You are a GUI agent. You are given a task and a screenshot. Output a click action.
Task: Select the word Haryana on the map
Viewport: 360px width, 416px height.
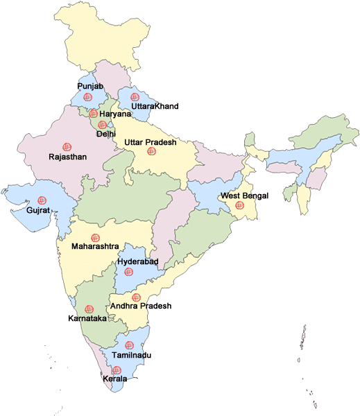coord(115,114)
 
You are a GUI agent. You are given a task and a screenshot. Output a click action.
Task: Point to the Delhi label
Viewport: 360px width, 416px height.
coord(106,133)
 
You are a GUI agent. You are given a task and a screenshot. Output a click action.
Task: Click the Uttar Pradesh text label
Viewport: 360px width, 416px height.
coord(151,142)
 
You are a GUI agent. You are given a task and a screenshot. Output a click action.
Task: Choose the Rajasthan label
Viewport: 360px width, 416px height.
coord(67,157)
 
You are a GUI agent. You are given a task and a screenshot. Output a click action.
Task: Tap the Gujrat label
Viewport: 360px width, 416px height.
coord(37,209)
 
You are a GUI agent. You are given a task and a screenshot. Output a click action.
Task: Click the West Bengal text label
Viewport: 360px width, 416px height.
coord(243,196)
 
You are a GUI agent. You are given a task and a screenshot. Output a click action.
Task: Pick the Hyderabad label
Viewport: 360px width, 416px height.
coord(138,261)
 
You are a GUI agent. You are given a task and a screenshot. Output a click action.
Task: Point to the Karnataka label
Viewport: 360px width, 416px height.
coord(87,319)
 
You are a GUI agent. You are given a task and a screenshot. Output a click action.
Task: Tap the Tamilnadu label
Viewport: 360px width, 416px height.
coord(131,355)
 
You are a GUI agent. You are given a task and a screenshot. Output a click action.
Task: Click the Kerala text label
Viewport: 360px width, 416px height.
coord(114,379)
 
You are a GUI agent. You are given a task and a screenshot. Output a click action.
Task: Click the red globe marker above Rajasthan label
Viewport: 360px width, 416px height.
coord(67,146)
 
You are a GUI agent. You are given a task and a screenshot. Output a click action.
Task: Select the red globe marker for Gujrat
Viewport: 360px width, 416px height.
coord(42,200)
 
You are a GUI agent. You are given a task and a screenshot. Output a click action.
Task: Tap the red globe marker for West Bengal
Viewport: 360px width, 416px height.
coord(239,205)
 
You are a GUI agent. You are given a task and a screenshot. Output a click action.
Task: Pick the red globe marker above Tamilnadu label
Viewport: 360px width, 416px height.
coord(128,345)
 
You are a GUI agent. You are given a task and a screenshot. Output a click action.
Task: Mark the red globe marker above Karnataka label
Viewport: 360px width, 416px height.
coord(89,309)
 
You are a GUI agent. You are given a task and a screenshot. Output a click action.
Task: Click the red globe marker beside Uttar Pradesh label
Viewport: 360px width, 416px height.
coord(151,151)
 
